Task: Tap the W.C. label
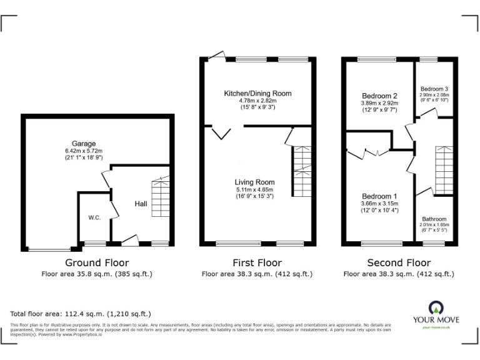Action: (94, 217)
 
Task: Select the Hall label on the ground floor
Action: (141, 204)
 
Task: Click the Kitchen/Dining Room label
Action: (257, 93)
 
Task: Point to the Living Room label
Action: (256, 182)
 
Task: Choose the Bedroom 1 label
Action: (379, 196)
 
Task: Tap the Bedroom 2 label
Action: (379, 96)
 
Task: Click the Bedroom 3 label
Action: (434, 89)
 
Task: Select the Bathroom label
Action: (434, 219)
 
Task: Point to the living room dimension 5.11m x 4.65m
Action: (255, 189)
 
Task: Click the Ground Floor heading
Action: (97, 263)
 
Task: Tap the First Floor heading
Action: (257, 263)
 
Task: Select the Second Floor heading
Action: (399, 263)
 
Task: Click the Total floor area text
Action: (81, 314)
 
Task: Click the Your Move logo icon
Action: (436, 307)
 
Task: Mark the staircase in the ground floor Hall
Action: (160, 196)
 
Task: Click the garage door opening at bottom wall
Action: (49, 249)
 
